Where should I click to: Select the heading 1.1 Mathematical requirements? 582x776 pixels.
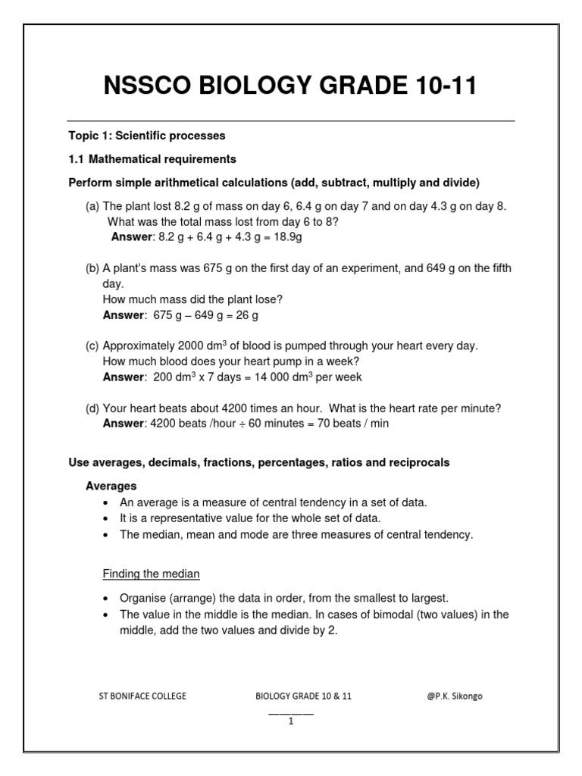152,159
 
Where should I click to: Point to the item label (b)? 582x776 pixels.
92,269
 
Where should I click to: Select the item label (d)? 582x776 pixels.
92,408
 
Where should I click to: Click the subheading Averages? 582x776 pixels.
111,486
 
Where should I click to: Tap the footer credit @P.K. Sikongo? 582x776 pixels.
454,696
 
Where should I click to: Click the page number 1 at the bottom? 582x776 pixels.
290,721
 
